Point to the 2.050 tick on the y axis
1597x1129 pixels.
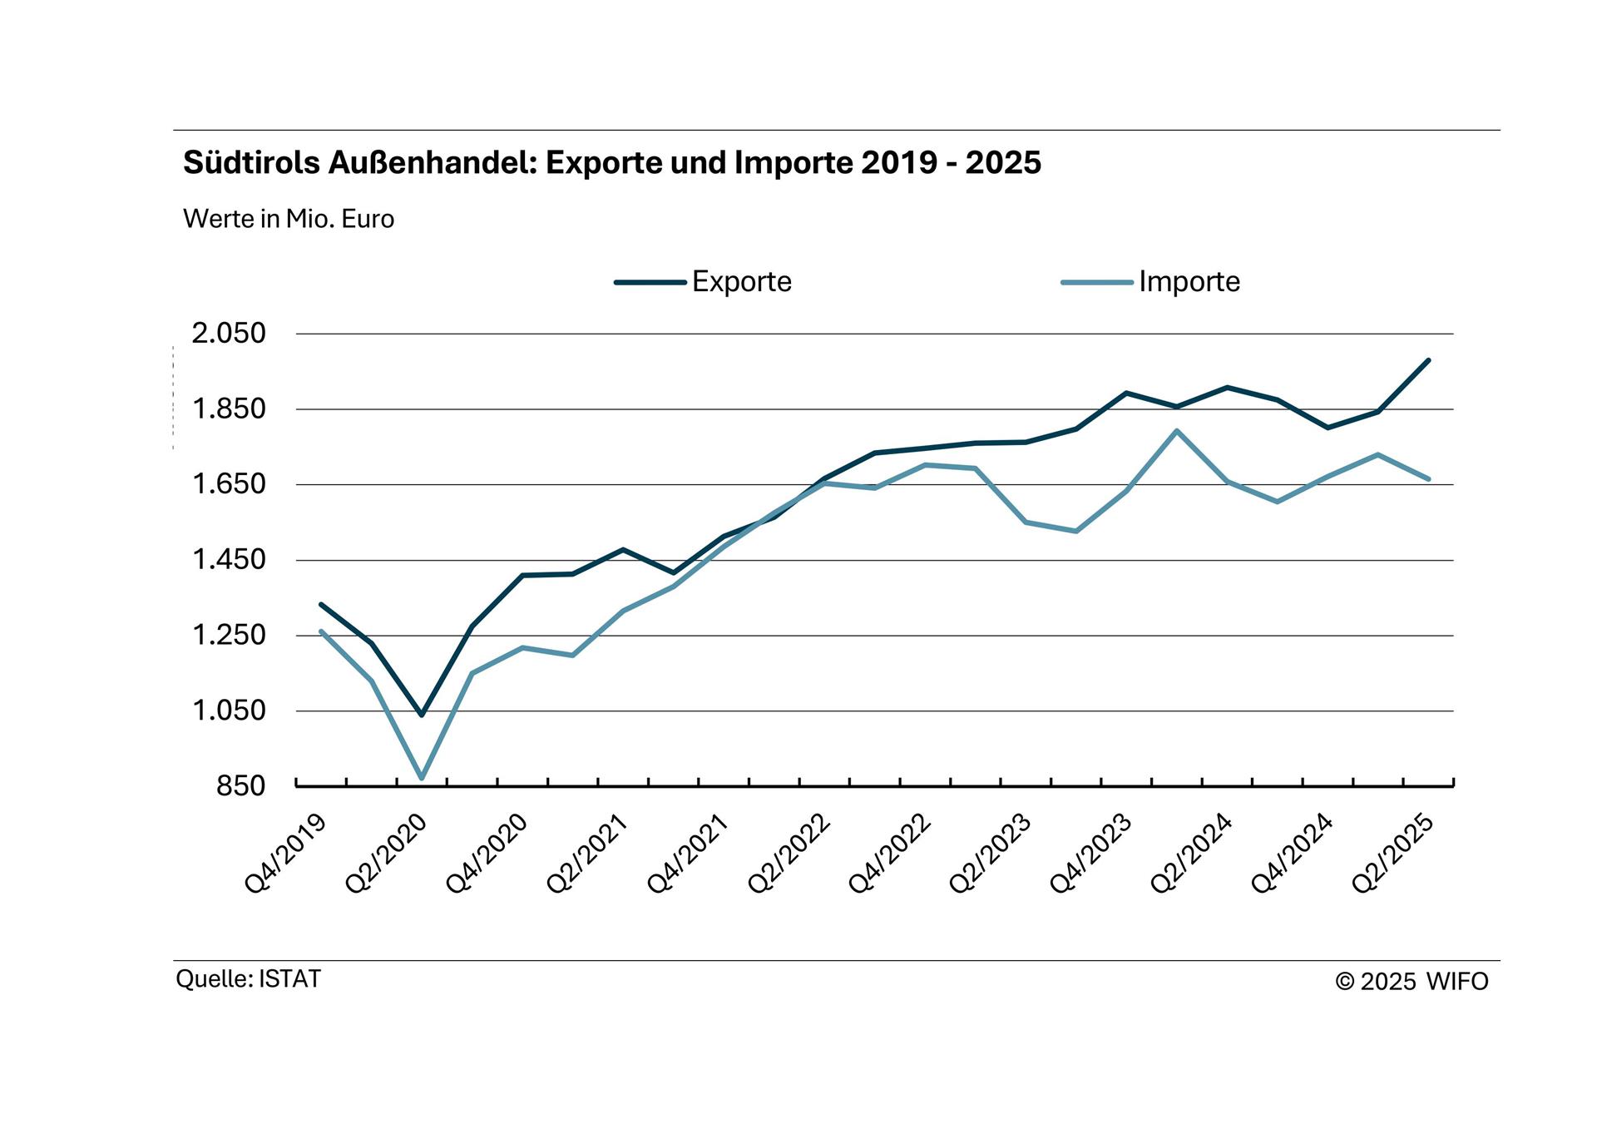pyautogui.click(x=229, y=334)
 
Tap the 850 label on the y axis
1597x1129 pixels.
pyautogui.click(x=240, y=785)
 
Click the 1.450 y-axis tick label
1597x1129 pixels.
pyautogui.click(x=229, y=560)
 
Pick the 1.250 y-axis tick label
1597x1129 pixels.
pyautogui.click(x=229, y=636)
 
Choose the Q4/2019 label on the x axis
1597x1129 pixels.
pyautogui.click(x=286, y=854)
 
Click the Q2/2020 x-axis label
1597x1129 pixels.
pyautogui.click(x=387, y=854)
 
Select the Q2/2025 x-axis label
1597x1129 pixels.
pyautogui.click(x=1394, y=854)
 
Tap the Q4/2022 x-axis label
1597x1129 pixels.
pyautogui.click(x=890, y=854)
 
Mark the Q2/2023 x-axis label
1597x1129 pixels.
pyautogui.click(x=991, y=854)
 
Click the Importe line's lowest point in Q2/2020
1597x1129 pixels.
pyautogui.click(x=422, y=778)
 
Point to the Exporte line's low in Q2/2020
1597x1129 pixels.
pyautogui.click(x=422, y=715)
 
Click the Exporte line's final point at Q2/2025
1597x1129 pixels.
pyautogui.click(x=1428, y=360)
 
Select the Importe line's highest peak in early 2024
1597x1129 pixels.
pyautogui.click(x=1177, y=431)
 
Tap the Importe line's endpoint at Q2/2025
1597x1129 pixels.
pyautogui.click(x=1428, y=479)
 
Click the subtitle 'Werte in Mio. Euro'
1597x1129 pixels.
pyautogui.click(x=289, y=220)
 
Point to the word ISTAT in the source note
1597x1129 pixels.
pyautogui.click(x=289, y=979)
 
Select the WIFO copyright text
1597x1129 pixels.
pyautogui.click(x=1412, y=982)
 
